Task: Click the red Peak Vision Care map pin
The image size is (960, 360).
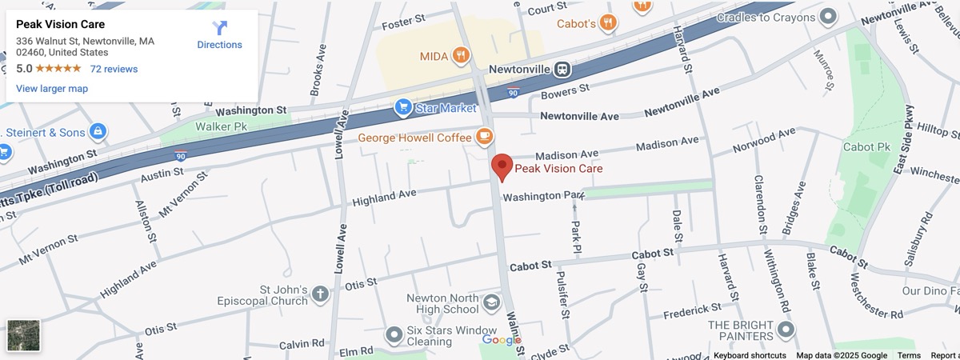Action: click(502, 166)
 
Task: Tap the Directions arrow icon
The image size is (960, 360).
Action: click(219, 28)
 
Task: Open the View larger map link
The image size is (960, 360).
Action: click(52, 89)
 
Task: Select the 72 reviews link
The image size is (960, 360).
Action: click(114, 69)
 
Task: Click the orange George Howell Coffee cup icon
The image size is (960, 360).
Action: click(484, 137)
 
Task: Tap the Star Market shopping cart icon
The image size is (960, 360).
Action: click(403, 106)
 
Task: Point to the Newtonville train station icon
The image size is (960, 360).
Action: click(562, 69)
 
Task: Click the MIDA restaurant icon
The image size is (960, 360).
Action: click(460, 56)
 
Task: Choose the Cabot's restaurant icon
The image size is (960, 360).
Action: click(608, 23)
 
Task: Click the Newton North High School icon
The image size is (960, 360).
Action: click(490, 303)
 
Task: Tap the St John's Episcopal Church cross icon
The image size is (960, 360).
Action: click(319, 294)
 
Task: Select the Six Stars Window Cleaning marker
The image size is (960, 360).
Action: click(394, 334)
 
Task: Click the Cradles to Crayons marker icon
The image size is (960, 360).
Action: click(829, 16)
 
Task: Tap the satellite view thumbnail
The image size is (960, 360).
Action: click(23, 335)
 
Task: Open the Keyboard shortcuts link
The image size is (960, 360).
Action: click(750, 355)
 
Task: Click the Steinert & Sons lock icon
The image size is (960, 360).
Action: click(98, 130)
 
